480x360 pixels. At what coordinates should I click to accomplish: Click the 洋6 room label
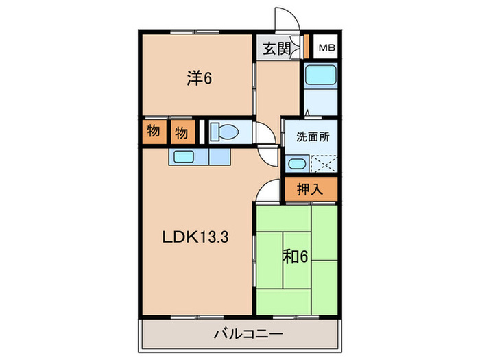198,79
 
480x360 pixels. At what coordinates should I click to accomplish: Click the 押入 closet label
310,189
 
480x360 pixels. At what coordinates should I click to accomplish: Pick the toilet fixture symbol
222,131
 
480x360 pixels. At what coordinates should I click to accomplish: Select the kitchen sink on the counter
183,156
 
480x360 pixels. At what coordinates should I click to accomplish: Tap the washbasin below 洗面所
297,164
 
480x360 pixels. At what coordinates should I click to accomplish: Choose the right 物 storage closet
181,131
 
